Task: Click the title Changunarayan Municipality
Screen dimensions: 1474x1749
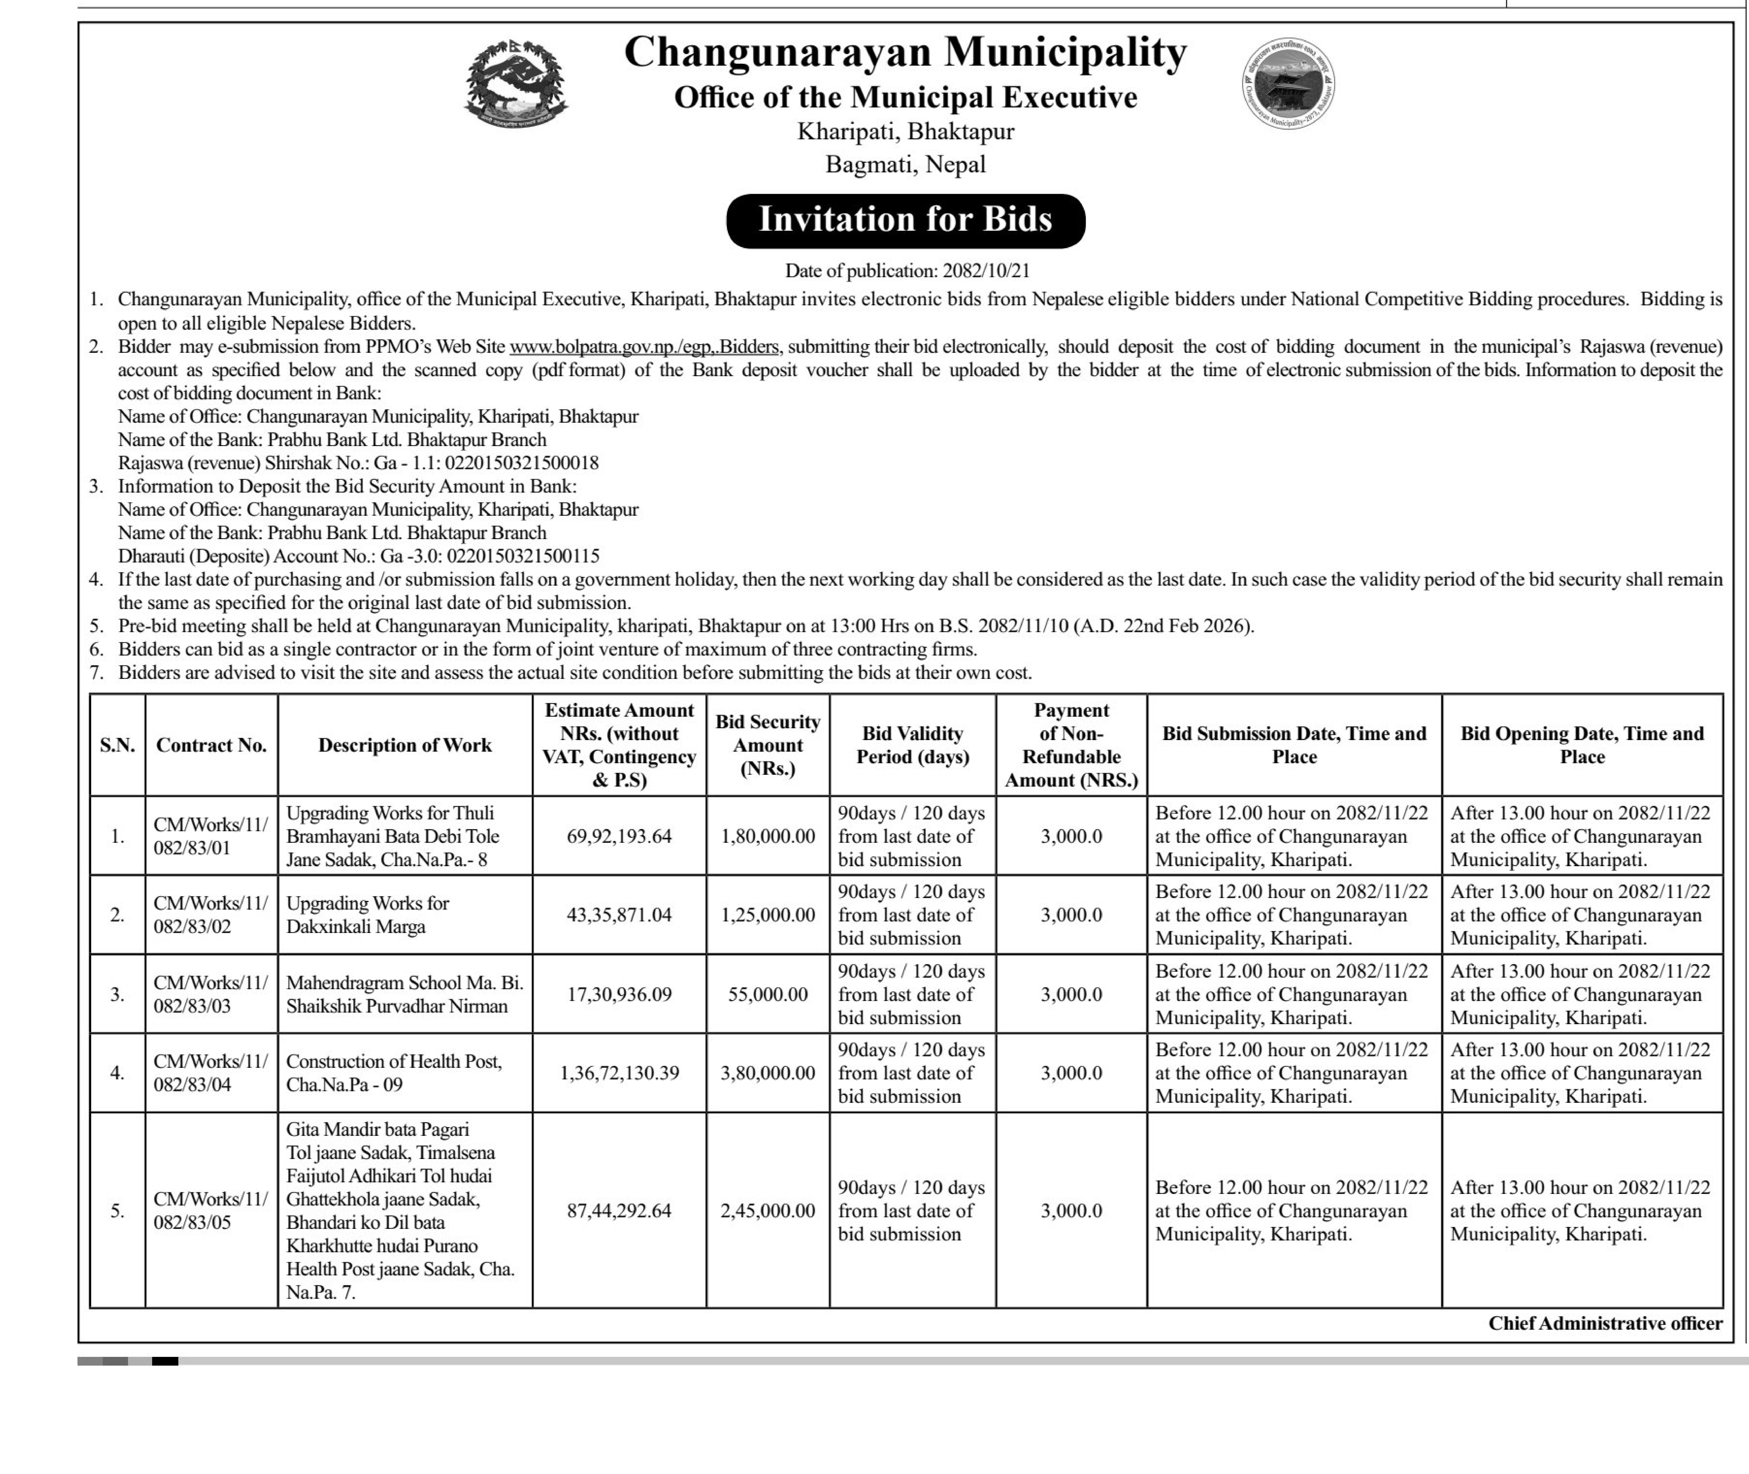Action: point(905,52)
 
